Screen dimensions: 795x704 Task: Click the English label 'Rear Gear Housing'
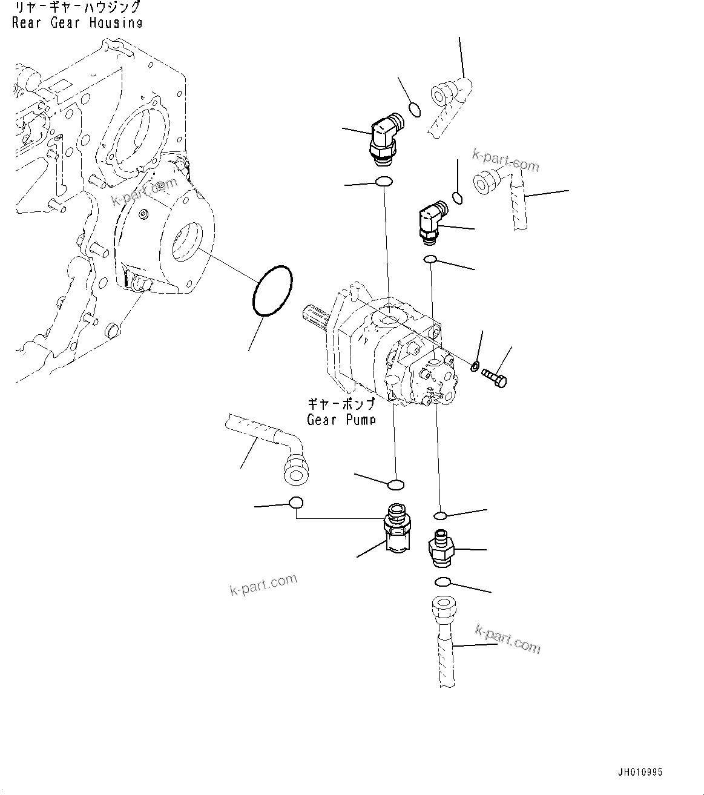click(77, 23)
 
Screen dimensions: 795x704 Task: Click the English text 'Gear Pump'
click(341, 419)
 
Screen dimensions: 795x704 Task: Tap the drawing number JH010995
click(640, 772)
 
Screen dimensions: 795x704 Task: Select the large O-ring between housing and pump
click(272, 291)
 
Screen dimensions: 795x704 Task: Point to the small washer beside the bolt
click(475, 365)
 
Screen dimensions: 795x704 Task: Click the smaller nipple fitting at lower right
click(440, 548)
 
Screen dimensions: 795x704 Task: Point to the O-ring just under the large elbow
click(384, 181)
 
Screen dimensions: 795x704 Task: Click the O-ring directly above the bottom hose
click(442, 582)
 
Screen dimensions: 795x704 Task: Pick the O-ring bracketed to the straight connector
click(296, 503)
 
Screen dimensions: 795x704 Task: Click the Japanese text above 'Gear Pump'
click(341, 404)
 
